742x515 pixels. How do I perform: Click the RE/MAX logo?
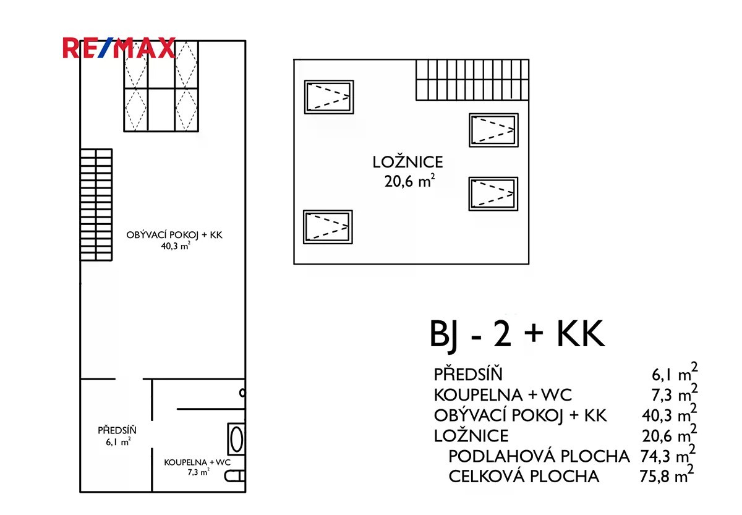[119, 48]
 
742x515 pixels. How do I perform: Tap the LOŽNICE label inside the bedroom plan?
[407, 162]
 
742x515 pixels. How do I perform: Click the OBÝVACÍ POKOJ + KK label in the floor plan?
[174, 235]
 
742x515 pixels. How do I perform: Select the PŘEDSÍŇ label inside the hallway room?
[117, 430]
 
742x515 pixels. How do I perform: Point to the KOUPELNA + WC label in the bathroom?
[197, 462]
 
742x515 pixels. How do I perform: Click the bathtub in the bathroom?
[236, 439]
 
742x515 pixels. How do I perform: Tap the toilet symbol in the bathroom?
[235, 477]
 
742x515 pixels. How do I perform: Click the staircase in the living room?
[96, 205]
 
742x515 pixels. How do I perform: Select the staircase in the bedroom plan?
[472, 80]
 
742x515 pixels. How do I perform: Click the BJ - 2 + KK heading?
[517, 334]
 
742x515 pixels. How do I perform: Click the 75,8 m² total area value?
[667, 475]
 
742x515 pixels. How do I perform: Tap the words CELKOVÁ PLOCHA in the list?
[524, 476]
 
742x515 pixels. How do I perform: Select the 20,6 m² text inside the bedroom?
[409, 181]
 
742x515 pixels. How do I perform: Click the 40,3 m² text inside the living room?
[176, 245]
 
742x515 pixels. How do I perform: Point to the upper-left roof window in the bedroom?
[329, 97]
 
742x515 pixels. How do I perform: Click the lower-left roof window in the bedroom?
[328, 227]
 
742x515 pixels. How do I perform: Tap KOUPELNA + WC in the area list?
[503, 395]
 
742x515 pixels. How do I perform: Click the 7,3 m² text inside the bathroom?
[198, 472]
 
